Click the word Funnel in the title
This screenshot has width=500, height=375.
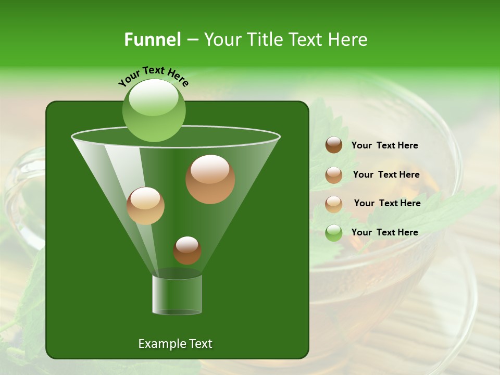pyautogui.click(x=153, y=40)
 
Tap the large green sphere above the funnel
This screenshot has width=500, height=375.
pyautogui.click(x=154, y=110)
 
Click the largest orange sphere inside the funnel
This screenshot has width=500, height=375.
pyautogui.click(x=210, y=179)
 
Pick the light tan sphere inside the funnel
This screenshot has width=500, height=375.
pyautogui.click(x=145, y=206)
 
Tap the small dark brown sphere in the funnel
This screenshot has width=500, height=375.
pyautogui.click(x=187, y=251)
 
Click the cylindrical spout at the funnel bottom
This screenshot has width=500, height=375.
pyautogui.click(x=177, y=295)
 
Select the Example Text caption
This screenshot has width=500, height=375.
pyautogui.click(x=175, y=344)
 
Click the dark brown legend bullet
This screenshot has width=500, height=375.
pyautogui.click(x=334, y=145)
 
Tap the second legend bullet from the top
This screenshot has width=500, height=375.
pyautogui.click(x=334, y=175)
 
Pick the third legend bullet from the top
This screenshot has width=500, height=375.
pyautogui.click(x=334, y=204)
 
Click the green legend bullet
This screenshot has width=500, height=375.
pyautogui.click(x=334, y=233)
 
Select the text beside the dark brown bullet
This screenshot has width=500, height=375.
pyautogui.click(x=384, y=146)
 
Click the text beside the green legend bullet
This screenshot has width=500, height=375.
pyautogui.click(x=384, y=232)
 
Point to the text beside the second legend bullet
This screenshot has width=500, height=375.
pyautogui.click(x=386, y=174)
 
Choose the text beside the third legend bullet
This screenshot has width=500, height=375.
pyautogui.click(x=387, y=203)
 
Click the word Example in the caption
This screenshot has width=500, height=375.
pyautogui.click(x=159, y=344)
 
